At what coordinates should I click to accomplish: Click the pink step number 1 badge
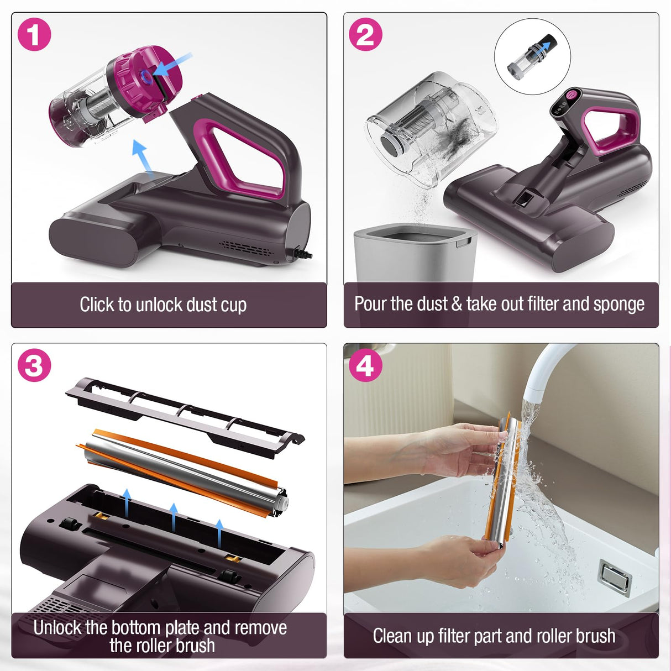pos(34,34)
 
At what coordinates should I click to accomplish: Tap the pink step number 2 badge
pos(365,34)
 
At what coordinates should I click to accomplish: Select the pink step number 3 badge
pos(34,365)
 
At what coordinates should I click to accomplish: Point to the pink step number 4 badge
pos(365,365)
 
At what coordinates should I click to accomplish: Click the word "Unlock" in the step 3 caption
pos(59,628)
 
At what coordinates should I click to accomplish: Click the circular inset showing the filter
pos(532,56)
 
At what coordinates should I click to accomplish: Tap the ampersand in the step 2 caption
pos(457,305)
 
